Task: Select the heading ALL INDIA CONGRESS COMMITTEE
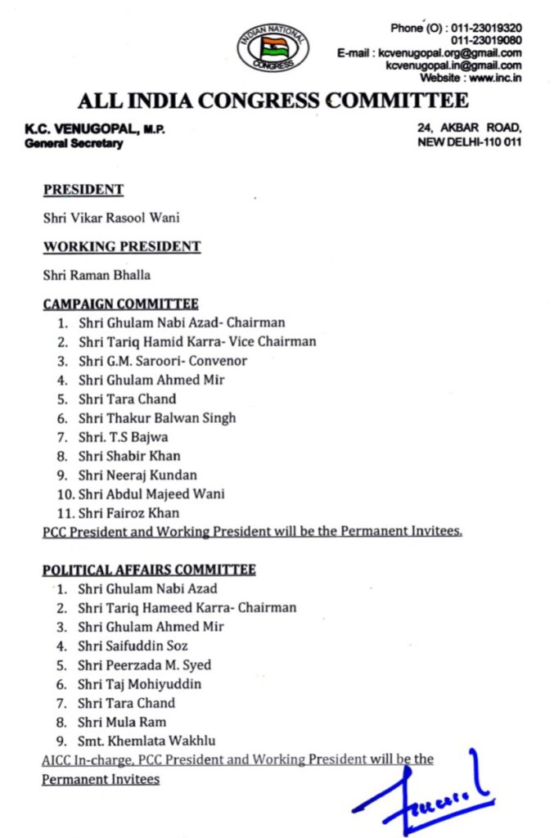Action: point(273,101)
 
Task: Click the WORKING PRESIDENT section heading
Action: point(122,246)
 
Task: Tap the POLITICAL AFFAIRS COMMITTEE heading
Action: point(149,570)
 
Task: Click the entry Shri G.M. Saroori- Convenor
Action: point(163,361)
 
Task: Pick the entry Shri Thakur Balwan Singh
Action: point(157,418)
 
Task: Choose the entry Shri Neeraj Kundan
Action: point(137,475)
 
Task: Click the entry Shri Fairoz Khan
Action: point(128,513)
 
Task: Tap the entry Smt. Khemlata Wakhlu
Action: point(147,741)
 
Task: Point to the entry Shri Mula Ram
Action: point(122,722)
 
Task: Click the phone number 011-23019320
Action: point(486,28)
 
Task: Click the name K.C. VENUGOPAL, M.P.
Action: point(95,129)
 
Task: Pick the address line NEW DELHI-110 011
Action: point(470,142)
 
